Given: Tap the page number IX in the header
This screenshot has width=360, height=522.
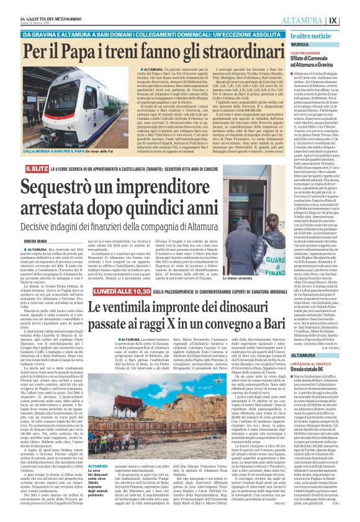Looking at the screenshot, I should click(351, 20).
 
